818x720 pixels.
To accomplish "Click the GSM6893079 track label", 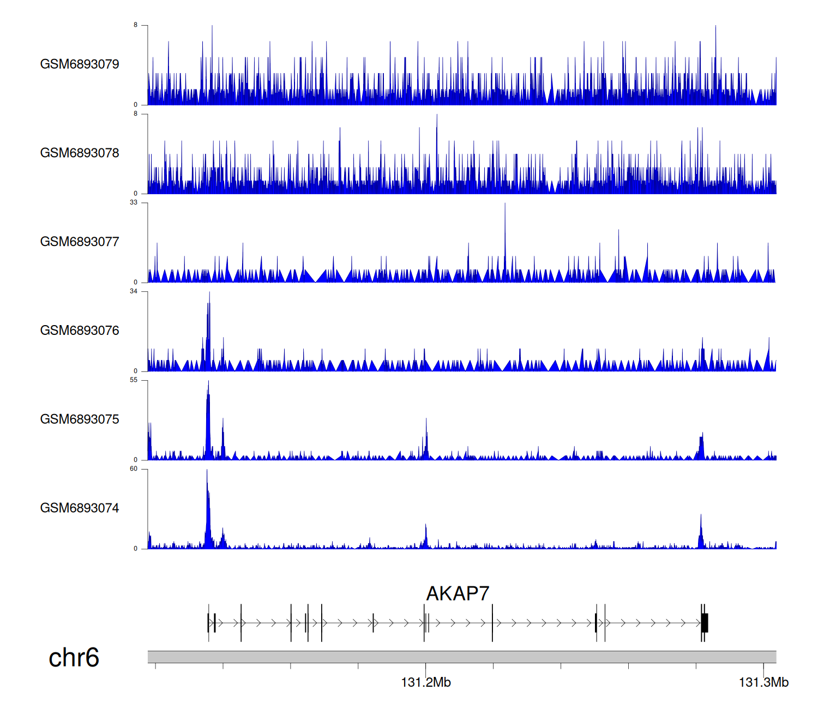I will pos(80,64).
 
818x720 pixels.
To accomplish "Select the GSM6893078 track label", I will pos(80,153).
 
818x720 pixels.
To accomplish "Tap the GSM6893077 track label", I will pos(80,242).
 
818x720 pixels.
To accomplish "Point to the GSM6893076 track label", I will pos(80,331).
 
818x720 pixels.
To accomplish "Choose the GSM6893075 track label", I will pos(80,419).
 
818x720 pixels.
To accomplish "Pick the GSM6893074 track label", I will pos(80,508).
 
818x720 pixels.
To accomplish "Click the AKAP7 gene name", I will pos(458,593).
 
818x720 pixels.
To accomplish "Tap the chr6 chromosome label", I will pos(74,658).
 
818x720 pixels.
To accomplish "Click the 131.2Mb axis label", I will pos(426,682).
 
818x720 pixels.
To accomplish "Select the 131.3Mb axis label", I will pos(763,682).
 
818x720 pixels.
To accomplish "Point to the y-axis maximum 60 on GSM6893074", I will pos(134,469).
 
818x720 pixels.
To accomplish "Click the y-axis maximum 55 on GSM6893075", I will pos(134,380).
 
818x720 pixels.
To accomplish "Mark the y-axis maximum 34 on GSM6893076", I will pos(134,291).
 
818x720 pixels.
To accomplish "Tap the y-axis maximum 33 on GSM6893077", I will pos(134,202).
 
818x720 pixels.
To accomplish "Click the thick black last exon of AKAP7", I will pos(705,622).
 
